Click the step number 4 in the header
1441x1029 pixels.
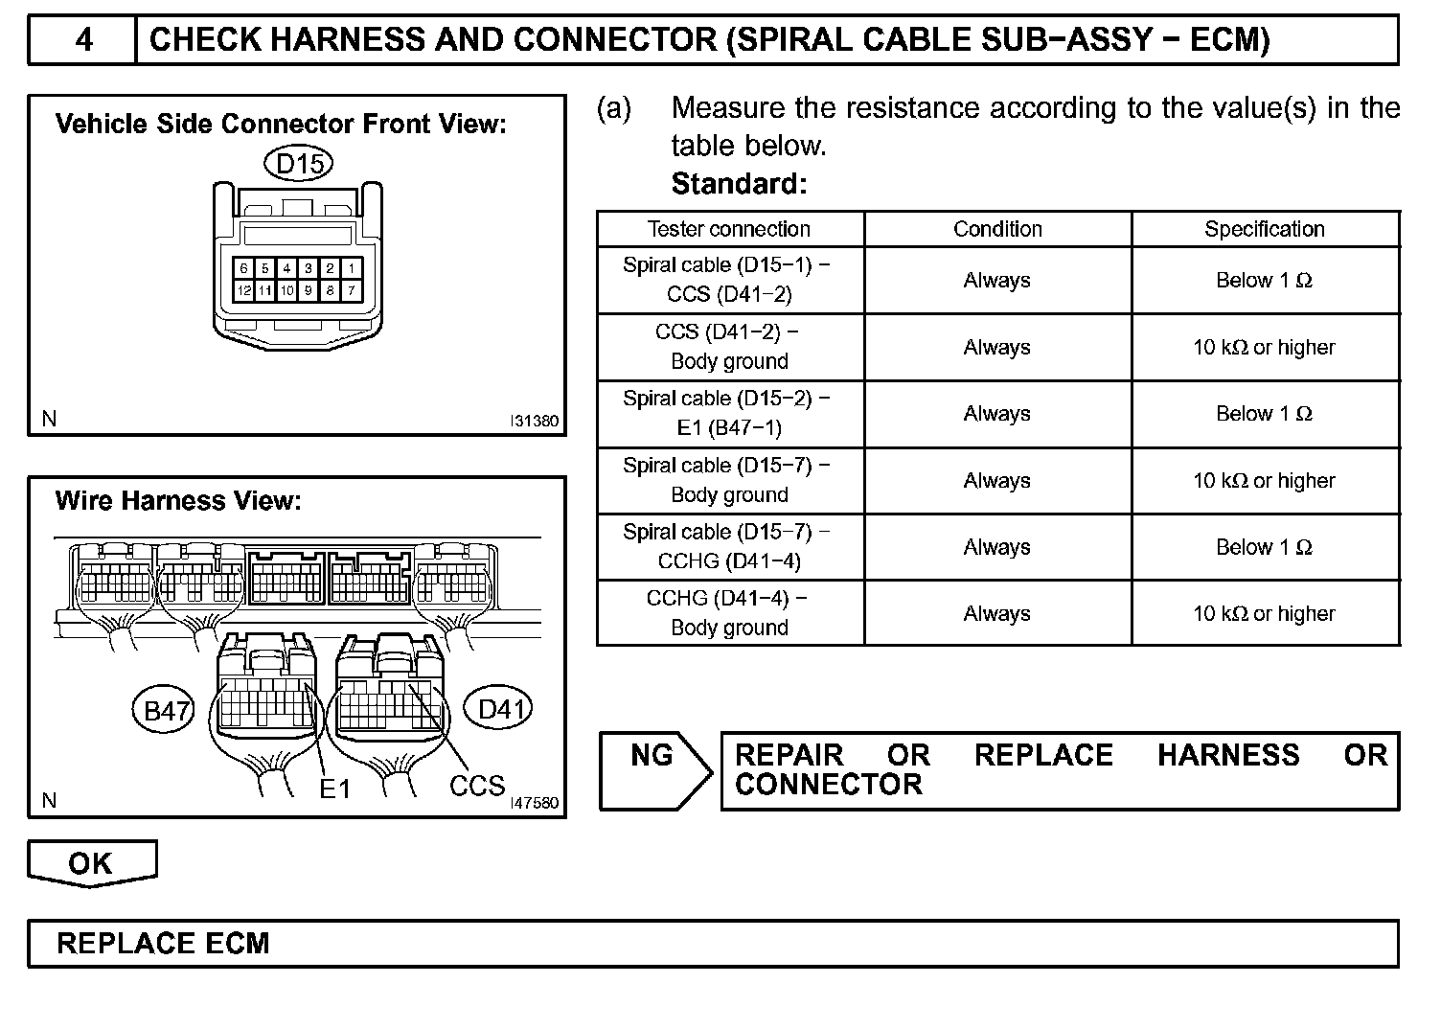click(83, 39)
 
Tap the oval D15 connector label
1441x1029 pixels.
click(299, 165)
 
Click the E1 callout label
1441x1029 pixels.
click(335, 789)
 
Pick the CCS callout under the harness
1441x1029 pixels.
click(477, 786)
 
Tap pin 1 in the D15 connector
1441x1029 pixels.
click(352, 268)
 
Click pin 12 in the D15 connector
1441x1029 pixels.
click(244, 289)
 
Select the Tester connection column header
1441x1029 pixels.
click(729, 229)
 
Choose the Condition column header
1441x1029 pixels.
click(997, 229)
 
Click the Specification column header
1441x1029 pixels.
click(1265, 229)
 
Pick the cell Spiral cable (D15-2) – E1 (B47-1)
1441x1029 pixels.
click(729, 413)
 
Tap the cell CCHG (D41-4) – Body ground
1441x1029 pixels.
click(729, 612)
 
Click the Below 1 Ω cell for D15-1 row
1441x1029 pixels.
click(1265, 280)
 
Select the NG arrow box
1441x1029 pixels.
click(654, 770)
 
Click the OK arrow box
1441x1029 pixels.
click(91, 862)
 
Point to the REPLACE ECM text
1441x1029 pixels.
click(163, 943)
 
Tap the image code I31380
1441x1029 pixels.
click(535, 421)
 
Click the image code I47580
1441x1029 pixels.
click(535, 803)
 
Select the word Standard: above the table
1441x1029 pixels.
click(739, 183)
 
